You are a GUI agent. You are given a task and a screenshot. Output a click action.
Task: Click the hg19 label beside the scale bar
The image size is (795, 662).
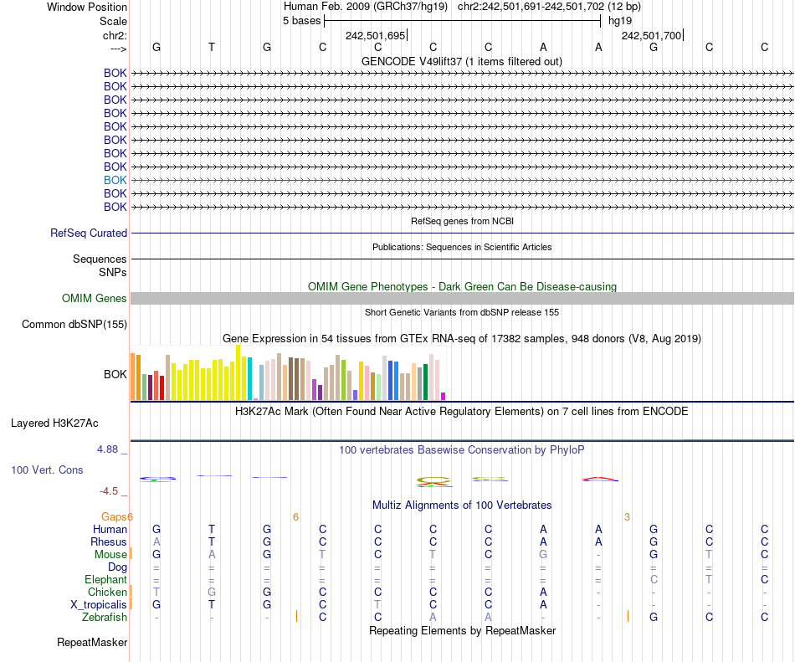click(x=620, y=20)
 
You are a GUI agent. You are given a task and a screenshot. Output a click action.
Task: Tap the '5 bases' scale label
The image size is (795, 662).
click(x=301, y=20)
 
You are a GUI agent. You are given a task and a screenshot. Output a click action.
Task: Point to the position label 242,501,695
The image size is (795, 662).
click(x=375, y=35)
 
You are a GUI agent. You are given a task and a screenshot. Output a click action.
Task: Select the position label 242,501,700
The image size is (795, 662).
click(x=651, y=35)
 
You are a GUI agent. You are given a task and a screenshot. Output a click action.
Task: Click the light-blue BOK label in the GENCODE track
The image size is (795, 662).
click(x=115, y=180)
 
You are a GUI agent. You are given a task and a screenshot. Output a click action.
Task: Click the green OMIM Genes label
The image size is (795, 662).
click(x=95, y=299)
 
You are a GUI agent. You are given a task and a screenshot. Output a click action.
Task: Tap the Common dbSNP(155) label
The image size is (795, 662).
click(x=74, y=325)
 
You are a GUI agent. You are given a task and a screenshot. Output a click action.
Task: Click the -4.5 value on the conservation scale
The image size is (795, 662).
click(x=111, y=491)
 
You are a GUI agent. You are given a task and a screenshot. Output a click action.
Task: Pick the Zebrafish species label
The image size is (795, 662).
click(x=105, y=617)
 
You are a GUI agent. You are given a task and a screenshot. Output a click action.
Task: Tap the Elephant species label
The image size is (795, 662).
click(x=105, y=579)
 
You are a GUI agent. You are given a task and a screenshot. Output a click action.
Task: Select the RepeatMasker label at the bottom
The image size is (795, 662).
click(x=92, y=643)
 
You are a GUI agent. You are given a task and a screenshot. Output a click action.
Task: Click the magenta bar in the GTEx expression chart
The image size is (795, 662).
click(x=444, y=396)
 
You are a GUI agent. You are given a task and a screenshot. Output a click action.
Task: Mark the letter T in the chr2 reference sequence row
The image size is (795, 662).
click(x=212, y=47)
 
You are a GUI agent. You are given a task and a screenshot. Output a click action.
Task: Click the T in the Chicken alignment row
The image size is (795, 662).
click(x=156, y=592)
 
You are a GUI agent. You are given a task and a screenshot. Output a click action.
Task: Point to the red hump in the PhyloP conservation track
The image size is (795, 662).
click(x=600, y=479)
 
